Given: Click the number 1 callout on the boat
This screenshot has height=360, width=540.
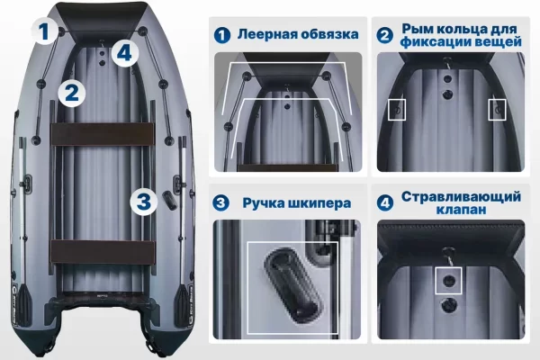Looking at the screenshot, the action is point(44,31).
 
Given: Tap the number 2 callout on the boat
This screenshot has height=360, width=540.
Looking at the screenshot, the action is point(71,93).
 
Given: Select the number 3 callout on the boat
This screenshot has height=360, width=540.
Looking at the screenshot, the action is point(144,202).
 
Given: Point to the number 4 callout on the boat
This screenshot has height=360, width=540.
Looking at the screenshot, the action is point(125,53).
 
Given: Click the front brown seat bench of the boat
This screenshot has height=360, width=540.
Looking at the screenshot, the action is point(103,134).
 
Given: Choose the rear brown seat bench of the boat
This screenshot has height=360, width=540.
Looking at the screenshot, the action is point(103,253).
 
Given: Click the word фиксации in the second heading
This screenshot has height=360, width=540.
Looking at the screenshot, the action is point(434,42).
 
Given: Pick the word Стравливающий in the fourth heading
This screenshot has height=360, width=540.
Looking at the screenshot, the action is point(461,197).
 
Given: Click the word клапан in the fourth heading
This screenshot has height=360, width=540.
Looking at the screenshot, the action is point(461,210).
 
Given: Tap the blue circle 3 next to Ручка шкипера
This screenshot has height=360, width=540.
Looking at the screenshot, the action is point(221,202).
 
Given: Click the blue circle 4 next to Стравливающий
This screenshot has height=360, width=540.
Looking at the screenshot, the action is point(385,202).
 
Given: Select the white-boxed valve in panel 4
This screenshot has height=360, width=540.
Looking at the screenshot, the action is point(448,280).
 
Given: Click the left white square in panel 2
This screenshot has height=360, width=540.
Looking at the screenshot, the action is point(397,110).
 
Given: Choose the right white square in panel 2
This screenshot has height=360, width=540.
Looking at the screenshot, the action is point(497,110).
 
